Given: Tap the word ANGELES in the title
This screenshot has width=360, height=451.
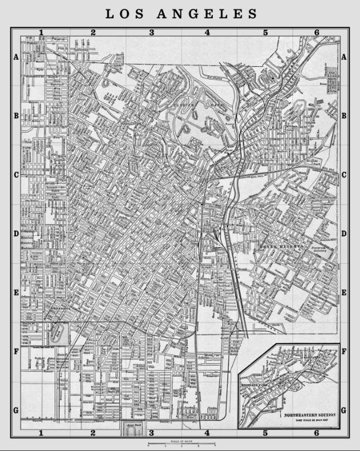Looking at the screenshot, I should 207,14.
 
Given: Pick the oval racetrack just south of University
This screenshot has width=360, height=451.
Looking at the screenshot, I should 58,334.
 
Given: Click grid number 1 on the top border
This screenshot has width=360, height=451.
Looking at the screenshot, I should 41,32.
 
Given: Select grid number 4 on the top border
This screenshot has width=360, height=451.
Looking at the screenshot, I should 207,32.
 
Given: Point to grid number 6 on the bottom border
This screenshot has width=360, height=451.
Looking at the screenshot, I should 316,433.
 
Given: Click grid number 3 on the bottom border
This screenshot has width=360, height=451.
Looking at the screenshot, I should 152,433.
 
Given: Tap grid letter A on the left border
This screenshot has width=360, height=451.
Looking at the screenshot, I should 16,57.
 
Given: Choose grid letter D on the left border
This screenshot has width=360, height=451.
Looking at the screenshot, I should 16,234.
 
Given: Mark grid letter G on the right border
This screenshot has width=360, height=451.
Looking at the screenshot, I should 344,410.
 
